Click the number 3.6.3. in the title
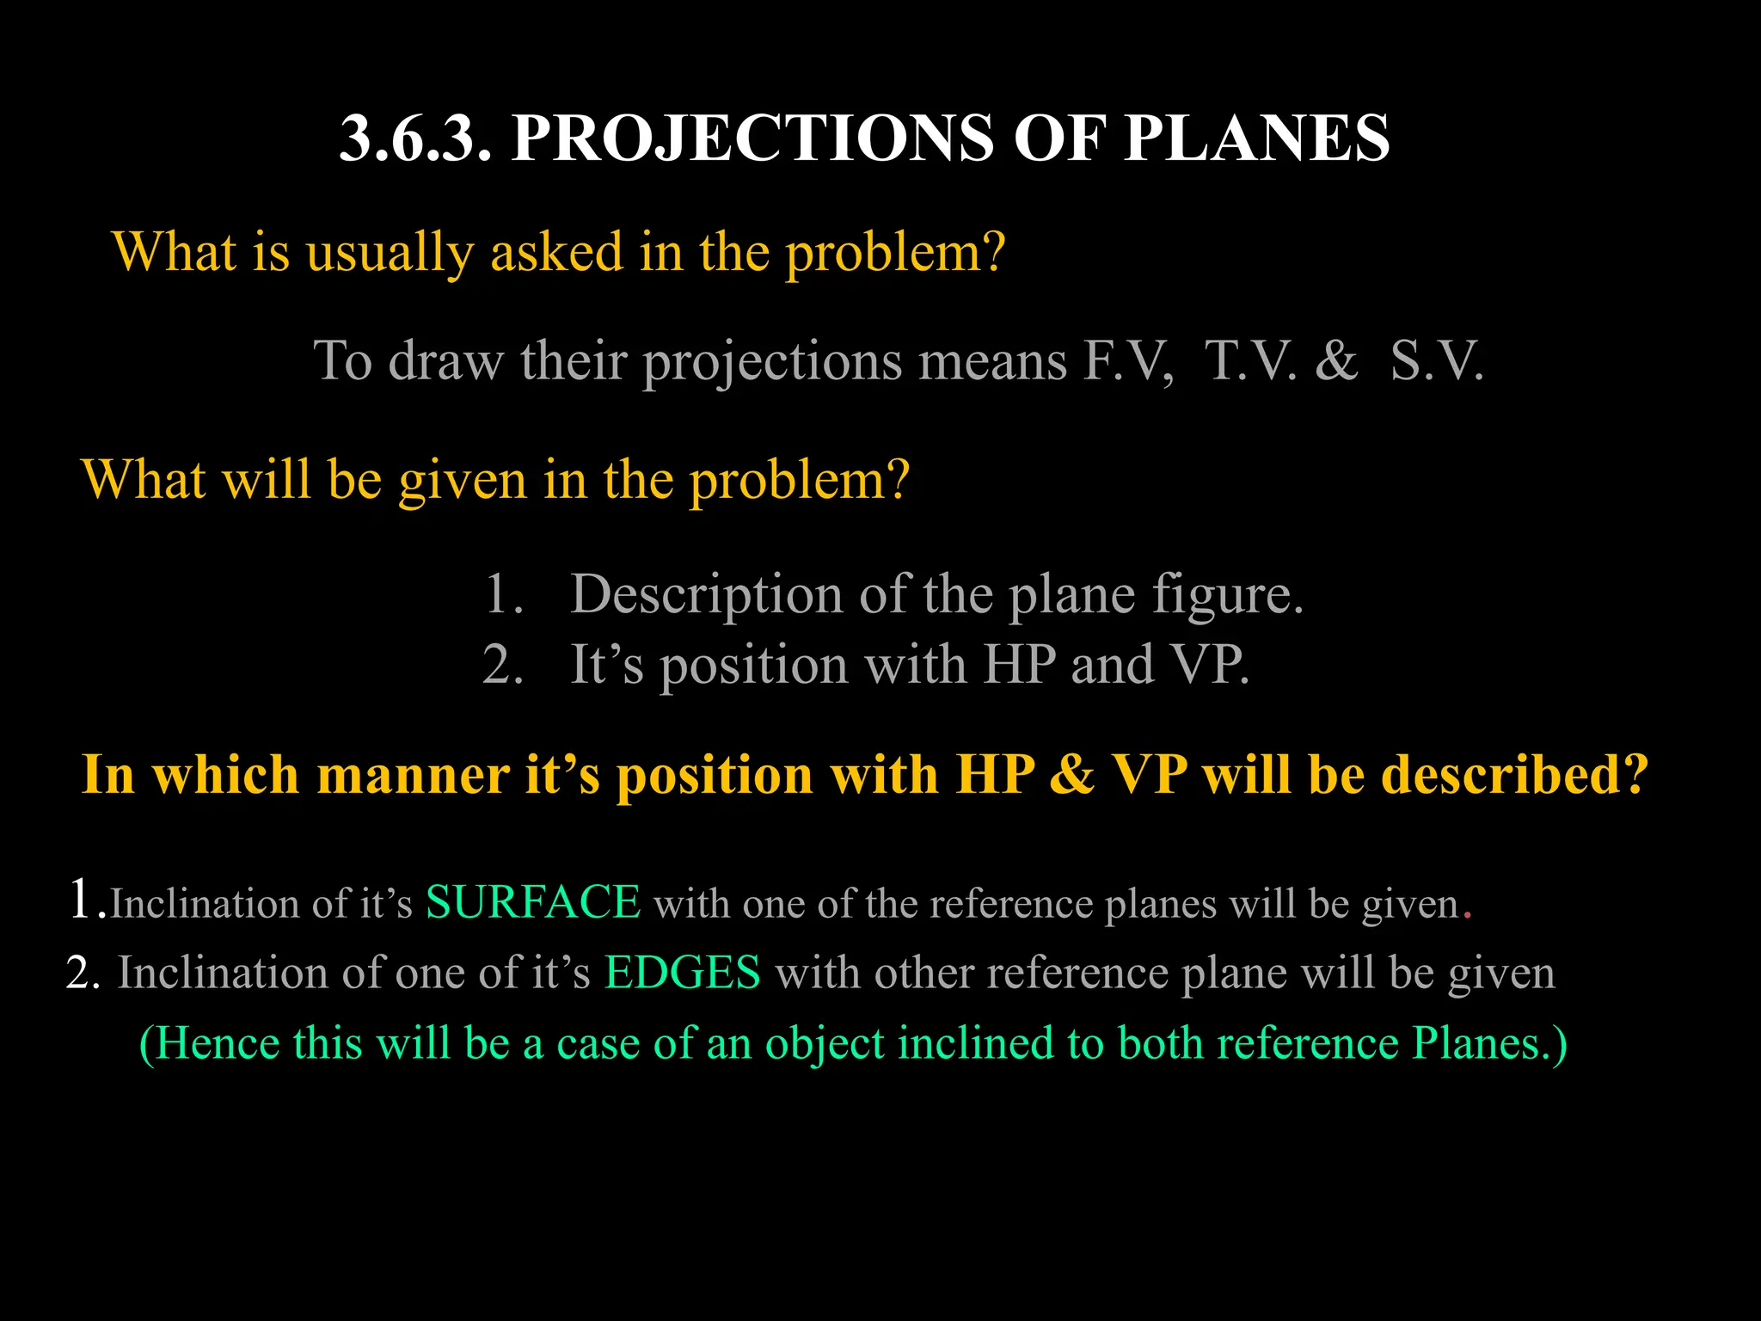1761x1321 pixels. tap(415, 138)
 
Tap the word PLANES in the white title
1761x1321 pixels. tap(1256, 138)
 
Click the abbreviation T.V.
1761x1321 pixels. tap(1251, 360)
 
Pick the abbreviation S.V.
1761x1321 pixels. tap(1437, 360)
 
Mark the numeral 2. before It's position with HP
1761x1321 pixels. tap(503, 665)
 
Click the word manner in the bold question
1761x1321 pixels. tap(414, 774)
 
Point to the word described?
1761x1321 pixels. tap(1514, 774)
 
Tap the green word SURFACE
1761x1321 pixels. tap(533, 903)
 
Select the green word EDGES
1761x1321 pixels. tap(682, 973)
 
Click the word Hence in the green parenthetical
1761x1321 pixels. tap(218, 1043)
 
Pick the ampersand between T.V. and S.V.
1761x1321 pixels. tap(1335, 360)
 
